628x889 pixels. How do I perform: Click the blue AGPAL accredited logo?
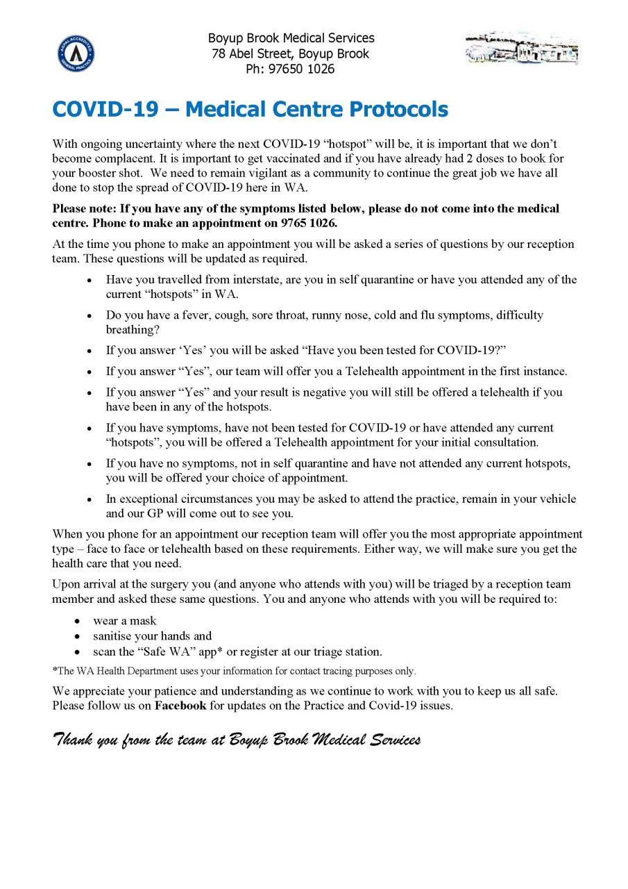click(x=76, y=53)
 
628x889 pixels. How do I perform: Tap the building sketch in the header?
click(x=522, y=49)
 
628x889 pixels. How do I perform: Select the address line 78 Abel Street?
click(x=291, y=53)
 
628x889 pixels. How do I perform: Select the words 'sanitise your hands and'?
click(x=152, y=636)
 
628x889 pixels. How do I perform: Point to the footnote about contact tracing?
click(x=234, y=671)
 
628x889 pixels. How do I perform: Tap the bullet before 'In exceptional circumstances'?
click(x=90, y=499)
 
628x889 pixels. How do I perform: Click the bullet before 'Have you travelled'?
click(x=90, y=280)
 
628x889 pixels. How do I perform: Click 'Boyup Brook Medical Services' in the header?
click(x=291, y=38)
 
